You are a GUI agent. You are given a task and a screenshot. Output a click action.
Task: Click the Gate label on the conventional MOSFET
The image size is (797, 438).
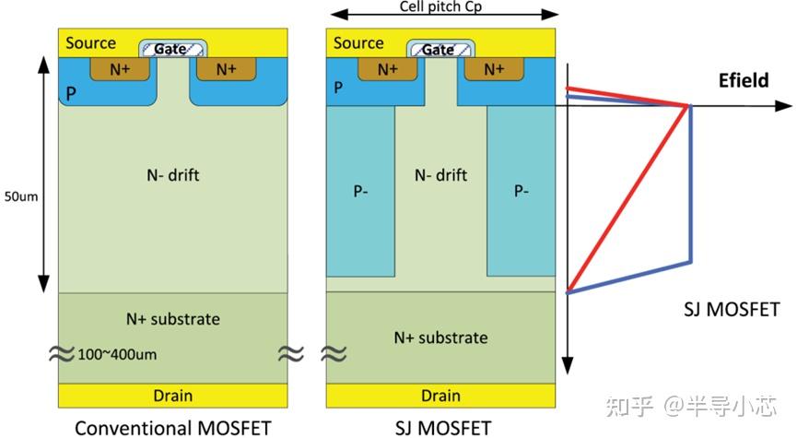(x=170, y=49)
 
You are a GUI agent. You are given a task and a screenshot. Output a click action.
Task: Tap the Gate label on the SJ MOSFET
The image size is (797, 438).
(x=438, y=50)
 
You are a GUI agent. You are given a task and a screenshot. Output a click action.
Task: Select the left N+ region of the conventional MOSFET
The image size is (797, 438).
(x=120, y=69)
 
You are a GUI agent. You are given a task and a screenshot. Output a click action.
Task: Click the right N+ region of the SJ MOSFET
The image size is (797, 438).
(x=494, y=69)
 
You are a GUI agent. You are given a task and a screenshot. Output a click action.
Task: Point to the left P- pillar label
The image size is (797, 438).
(x=360, y=191)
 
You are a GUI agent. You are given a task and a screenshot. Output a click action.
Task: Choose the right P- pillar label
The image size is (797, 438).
(x=521, y=191)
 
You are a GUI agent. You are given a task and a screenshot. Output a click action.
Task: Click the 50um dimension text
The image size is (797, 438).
(x=21, y=196)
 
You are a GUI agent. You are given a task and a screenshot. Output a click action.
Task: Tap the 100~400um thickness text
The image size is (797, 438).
(x=117, y=355)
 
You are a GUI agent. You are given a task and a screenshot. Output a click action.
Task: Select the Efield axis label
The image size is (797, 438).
(x=744, y=80)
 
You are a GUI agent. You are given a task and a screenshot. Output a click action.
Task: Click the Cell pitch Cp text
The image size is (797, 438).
(x=440, y=6)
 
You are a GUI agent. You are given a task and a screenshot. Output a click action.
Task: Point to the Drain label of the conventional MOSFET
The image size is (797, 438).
(x=173, y=396)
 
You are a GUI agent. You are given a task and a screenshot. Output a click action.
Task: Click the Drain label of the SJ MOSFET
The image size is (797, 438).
(x=440, y=396)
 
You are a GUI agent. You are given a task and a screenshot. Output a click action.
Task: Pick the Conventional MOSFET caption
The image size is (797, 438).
(x=173, y=428)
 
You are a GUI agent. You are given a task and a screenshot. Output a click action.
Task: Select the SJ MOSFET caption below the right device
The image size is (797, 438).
(x=443, y=428)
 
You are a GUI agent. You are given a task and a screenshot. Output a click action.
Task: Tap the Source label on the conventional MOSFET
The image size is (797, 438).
(x=90, y=42)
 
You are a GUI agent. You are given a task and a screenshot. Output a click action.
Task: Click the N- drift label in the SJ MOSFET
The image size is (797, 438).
(x=440, y=175)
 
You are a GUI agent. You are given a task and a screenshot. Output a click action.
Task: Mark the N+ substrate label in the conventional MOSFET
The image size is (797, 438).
(x=173, y=319)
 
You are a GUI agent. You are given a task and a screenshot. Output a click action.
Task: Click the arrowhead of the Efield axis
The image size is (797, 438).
(x=784, y=106)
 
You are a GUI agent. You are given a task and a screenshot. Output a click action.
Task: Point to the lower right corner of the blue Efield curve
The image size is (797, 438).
(x=690, y=262)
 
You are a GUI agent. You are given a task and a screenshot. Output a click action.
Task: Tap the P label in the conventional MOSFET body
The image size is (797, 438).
(x=71, y=94)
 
